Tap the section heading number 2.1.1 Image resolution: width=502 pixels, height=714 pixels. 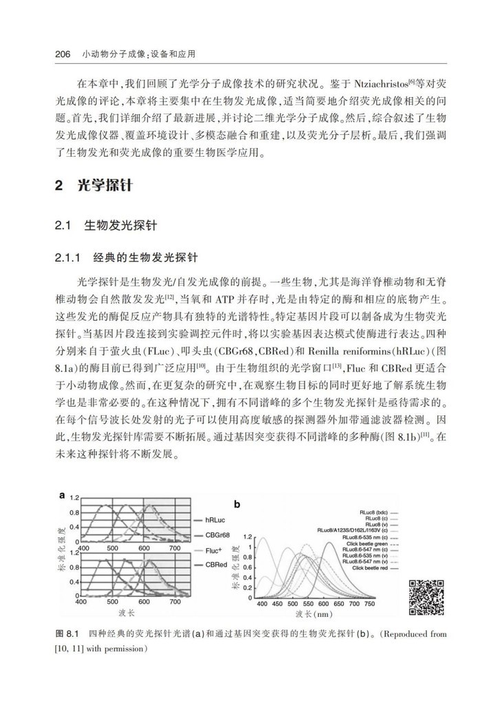[67, 259]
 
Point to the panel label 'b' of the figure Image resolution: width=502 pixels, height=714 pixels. [237, 504]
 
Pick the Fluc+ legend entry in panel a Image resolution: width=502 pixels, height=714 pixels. [216, 550]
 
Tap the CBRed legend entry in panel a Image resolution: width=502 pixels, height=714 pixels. [218, 564]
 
